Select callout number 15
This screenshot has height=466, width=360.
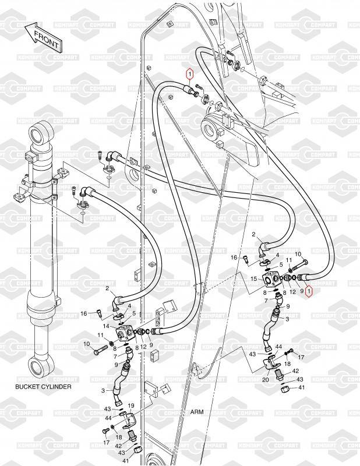click(x=253, y=280)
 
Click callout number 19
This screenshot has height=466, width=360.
click(x=131, y=405)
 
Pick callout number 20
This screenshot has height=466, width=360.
click(x=265, y=380)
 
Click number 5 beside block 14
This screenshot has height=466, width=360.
click(x=135, y=313)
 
